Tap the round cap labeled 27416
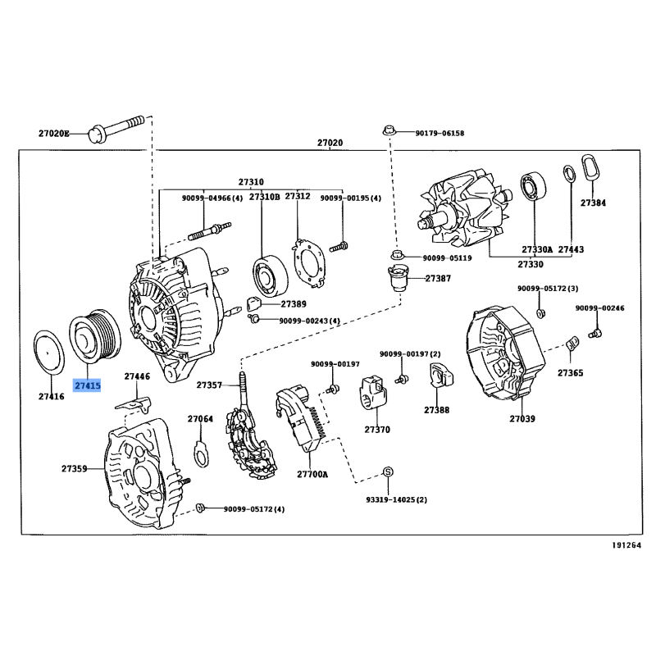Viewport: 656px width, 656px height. click(50, 354)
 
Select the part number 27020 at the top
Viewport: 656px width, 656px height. click(330, 143)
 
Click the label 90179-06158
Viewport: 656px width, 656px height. click(439, 133)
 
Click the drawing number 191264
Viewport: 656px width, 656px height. click(625, 544)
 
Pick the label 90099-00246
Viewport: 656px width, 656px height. click(599, 308)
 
